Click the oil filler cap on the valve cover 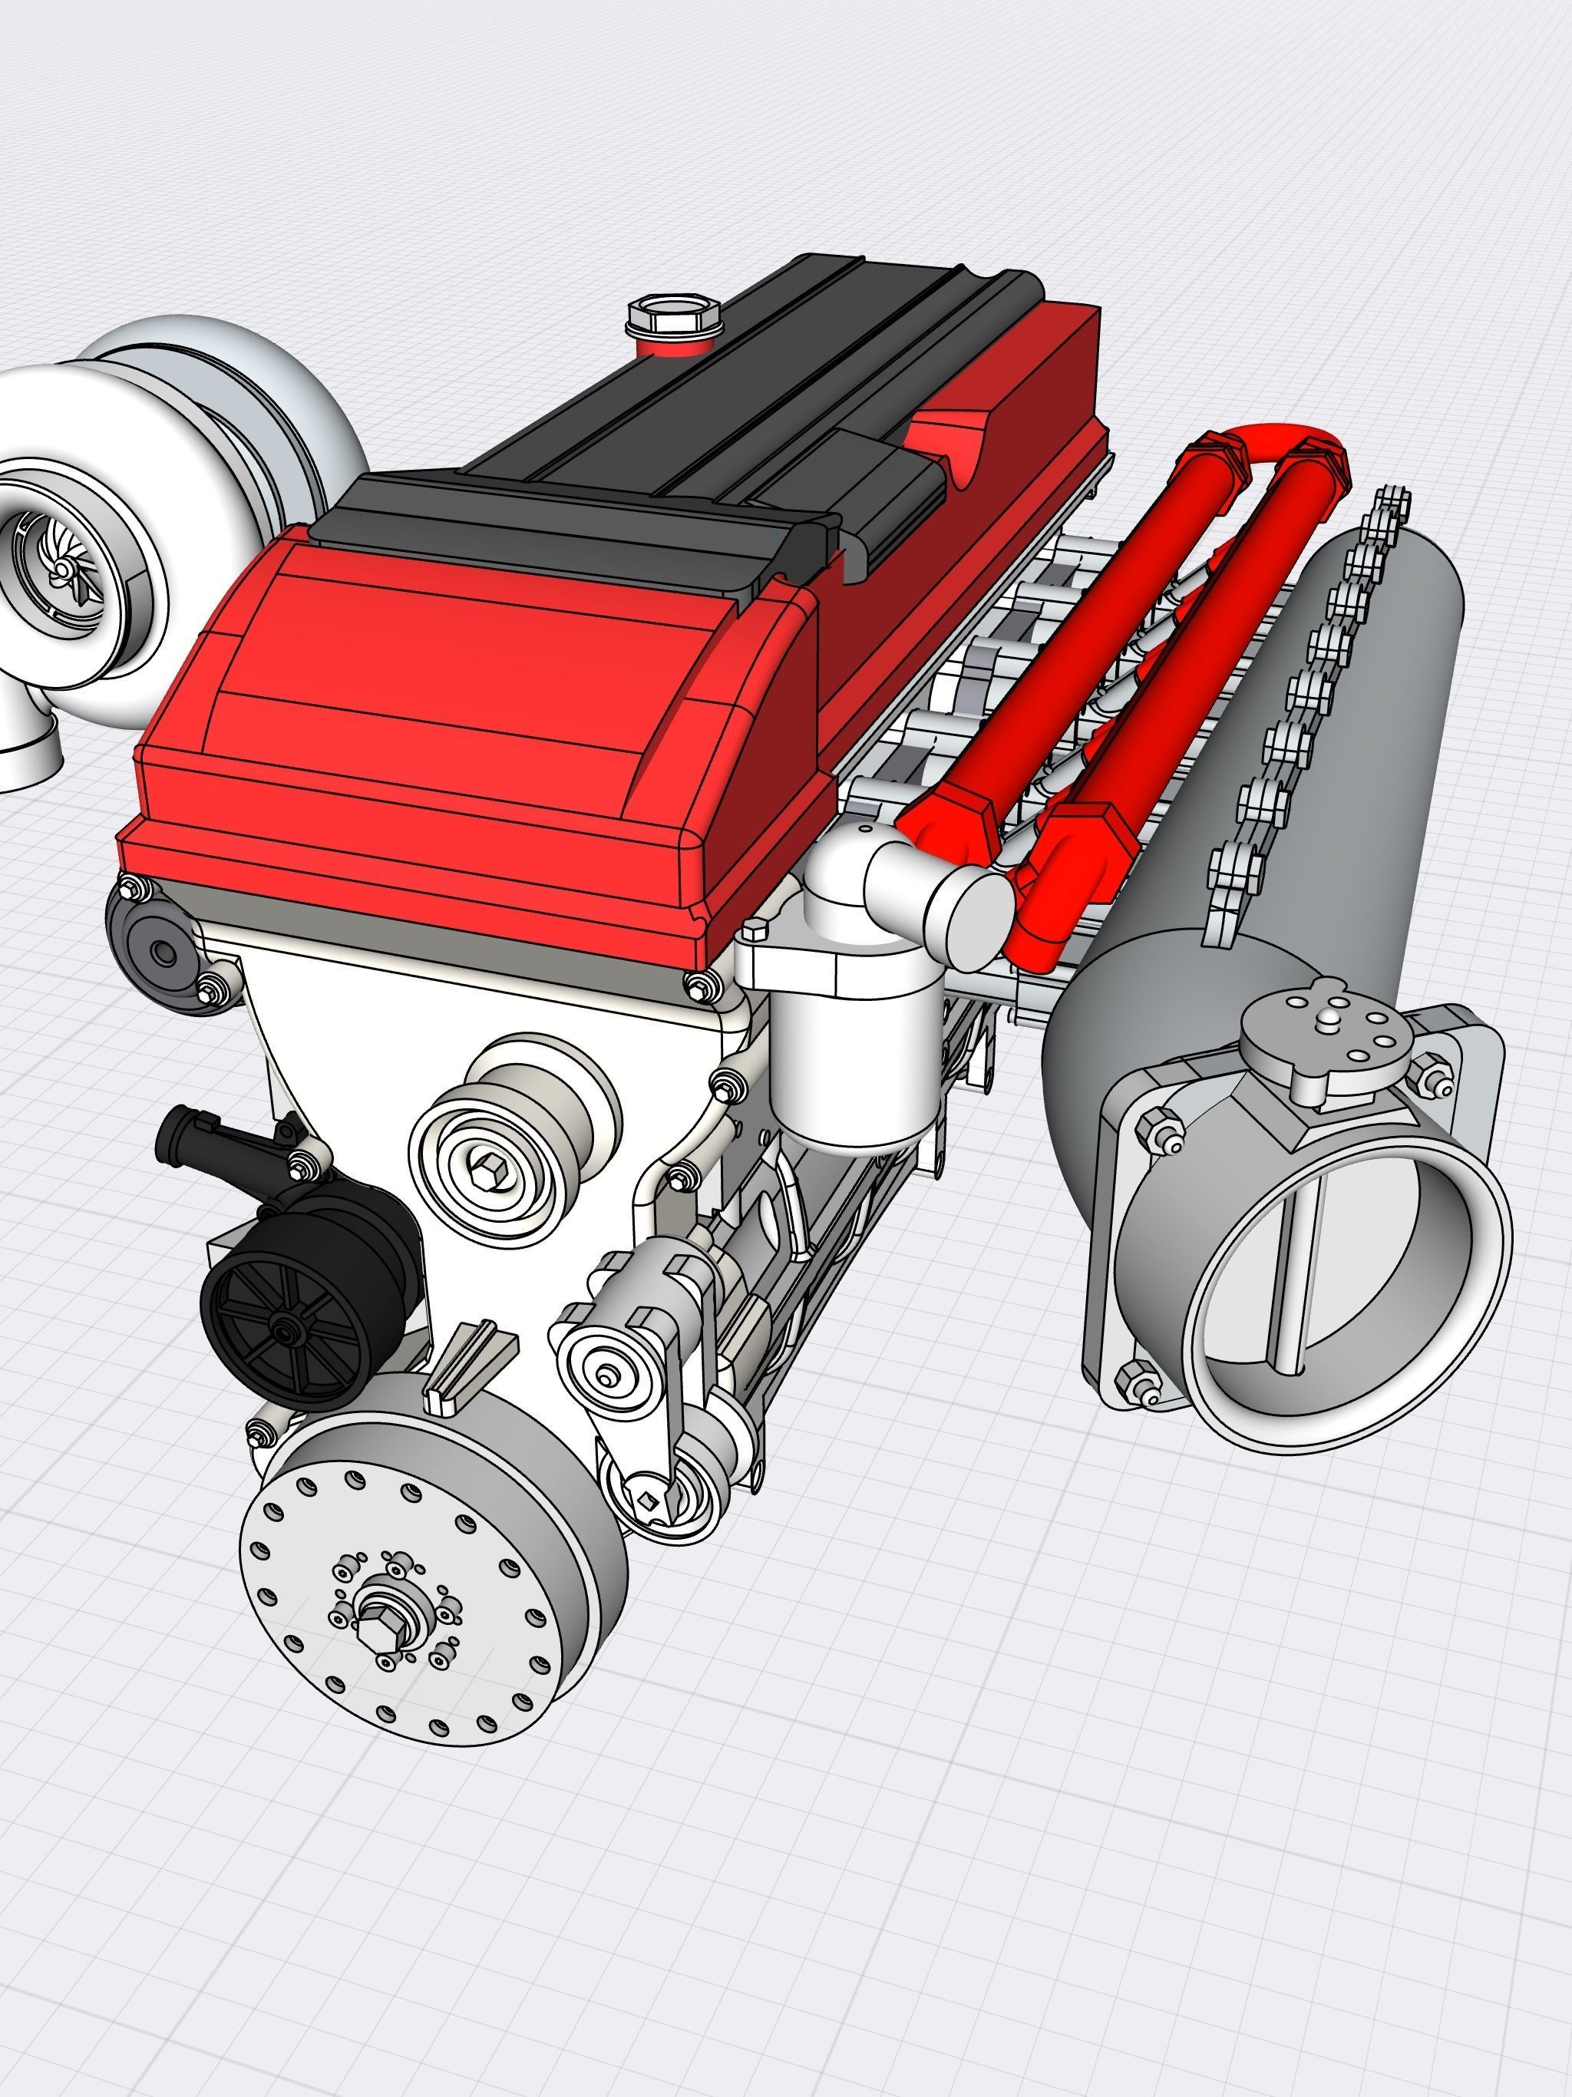pyautogui.click(x=674, y=315)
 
